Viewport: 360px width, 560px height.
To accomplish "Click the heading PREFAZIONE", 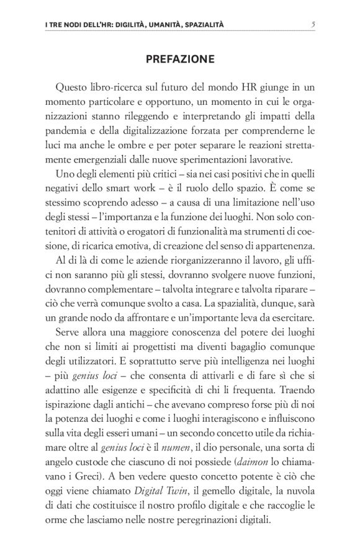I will click(x=179, y=60).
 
